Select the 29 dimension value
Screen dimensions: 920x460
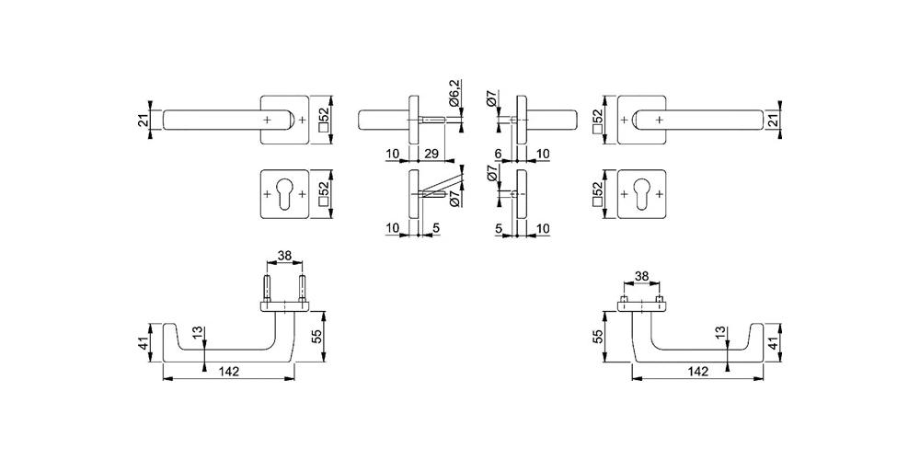pyautogui.click(x=431, y=154)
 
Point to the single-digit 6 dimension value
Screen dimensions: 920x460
pyautogui.click(x=498, y=154)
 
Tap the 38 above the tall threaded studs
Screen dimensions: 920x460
pyautogui.click(x=284, y=256)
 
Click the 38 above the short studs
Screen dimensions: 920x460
pyautogui.click(x=642, y=276)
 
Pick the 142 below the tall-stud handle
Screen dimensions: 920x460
pyautogui.click(x=229, y=371)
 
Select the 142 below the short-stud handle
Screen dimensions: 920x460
pyautogui.click(x=698, y=371)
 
